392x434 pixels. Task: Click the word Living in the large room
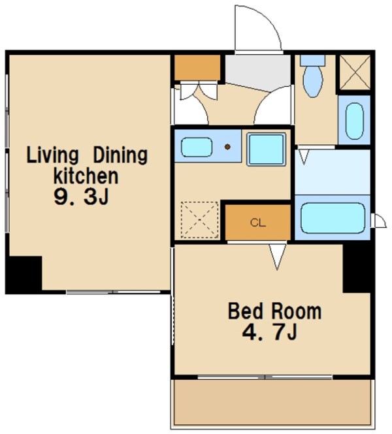pyautogui.click(x=52, y=155)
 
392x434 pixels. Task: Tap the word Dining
pyautogui.click(x=120, y=155)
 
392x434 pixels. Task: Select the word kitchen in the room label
pyautogui.click(x=86, y=176)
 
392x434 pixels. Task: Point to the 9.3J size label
pyautogui.click(x=81, y=197)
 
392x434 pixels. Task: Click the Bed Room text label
pyautogui.click(x=274, y=311)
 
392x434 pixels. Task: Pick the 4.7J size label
pyautogui.click(x=270, y=332)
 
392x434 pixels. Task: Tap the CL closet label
pyautogui.click(x=258, y=223)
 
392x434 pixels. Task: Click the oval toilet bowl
pyautogui.click(x=313, y=82)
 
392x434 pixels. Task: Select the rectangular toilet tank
pyautogui.click(x=313, y=60)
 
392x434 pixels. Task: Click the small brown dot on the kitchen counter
pyautogui.click(x=227, y=147)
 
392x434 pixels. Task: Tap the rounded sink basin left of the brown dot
pyautogui.click(x=197, y=147)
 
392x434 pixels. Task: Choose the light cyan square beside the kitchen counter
pyautogui.click(x=266, y=149)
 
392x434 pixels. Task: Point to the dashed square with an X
pyautogui.click(x=199, y=220)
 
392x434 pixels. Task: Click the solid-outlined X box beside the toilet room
pyautogui.click(x=355, y=72)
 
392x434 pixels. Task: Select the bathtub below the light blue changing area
pyautogui.click(x=333, y=218)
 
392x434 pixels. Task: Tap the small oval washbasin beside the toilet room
pyautogui.click(x=355, y=121)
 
